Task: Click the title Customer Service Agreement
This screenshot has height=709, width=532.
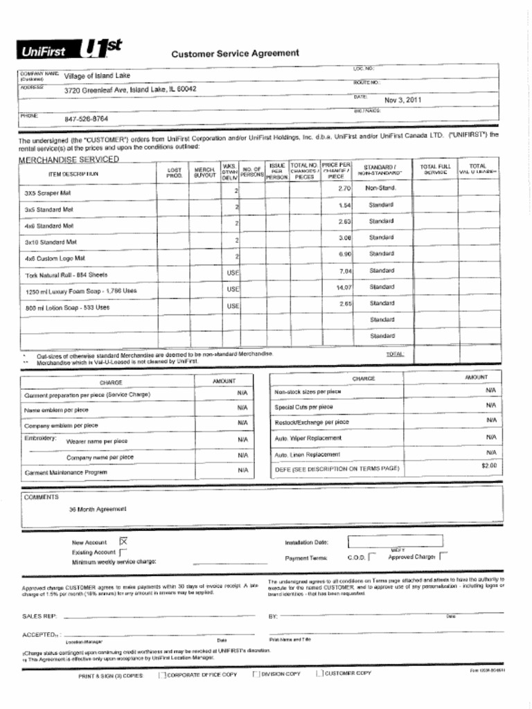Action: tap(235, 53)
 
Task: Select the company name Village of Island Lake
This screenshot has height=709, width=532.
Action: tap(97, 75)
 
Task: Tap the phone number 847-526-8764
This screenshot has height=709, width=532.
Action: tap(86, 118)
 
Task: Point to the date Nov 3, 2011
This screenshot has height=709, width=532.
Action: tap(402, 100)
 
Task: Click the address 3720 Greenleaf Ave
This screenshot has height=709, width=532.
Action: tap(130, 89)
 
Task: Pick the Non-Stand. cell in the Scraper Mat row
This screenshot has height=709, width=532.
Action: tap(380, 188)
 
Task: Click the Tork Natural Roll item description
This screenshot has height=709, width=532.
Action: tap(66, 275)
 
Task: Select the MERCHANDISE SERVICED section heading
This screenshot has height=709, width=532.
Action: tap(69, 159)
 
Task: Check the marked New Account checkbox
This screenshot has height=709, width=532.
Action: tap(124, 541)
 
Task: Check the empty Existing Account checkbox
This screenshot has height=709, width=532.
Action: tap(123, 553)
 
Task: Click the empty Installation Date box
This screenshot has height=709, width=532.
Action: tap(394, 541)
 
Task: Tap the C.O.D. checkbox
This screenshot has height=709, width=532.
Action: tap(372, 555)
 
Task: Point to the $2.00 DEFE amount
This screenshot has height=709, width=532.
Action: tap(489, 465)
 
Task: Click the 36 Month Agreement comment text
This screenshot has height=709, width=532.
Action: tap(98, 509)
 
